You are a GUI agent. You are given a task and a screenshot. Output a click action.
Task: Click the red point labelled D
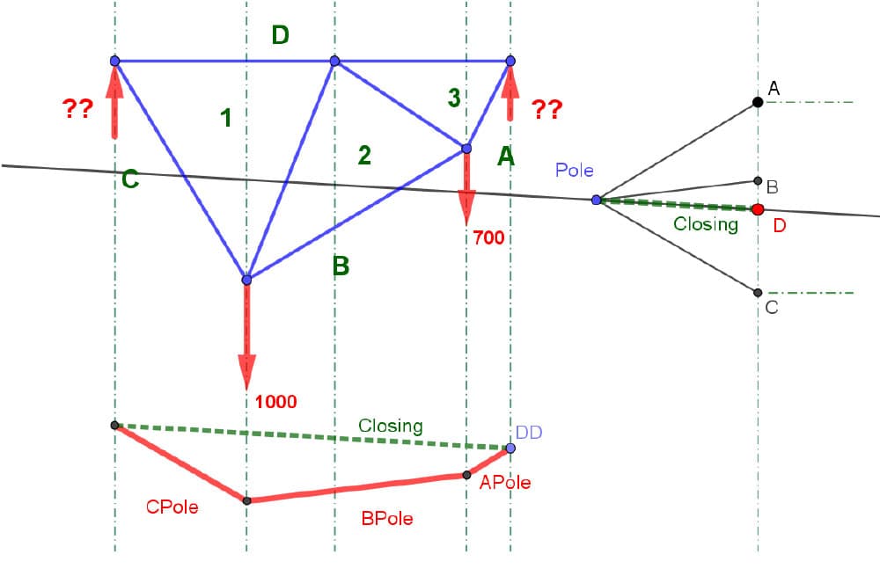(758, 209)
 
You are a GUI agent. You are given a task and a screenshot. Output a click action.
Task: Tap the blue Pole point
(596, 201)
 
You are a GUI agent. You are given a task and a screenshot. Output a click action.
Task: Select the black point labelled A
(758, 102)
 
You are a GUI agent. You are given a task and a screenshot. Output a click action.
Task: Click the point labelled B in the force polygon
(758, 181)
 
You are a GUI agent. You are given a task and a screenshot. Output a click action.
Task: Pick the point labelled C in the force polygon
(758, 292)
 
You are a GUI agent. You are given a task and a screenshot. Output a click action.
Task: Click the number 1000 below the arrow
(275, 402)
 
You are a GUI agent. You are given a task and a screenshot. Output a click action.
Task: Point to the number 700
(488, 237)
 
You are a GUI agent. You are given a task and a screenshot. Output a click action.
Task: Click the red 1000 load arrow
(246, 339)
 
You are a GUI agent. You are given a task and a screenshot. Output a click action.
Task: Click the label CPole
(171, 507)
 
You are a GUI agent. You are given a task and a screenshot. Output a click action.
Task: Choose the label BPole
(387, 518)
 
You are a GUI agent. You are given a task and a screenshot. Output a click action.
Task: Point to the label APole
(505, 482)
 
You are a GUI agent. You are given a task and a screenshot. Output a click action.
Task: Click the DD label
(528, 432)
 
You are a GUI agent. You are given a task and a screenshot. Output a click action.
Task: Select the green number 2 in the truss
(364, 156)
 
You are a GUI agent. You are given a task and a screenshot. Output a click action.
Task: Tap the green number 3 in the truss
(453, 98)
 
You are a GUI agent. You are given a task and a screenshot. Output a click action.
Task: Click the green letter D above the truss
(280, 35)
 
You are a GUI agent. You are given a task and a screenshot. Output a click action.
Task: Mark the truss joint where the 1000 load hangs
(246, 280)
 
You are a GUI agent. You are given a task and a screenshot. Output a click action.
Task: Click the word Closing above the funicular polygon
(390, 426)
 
